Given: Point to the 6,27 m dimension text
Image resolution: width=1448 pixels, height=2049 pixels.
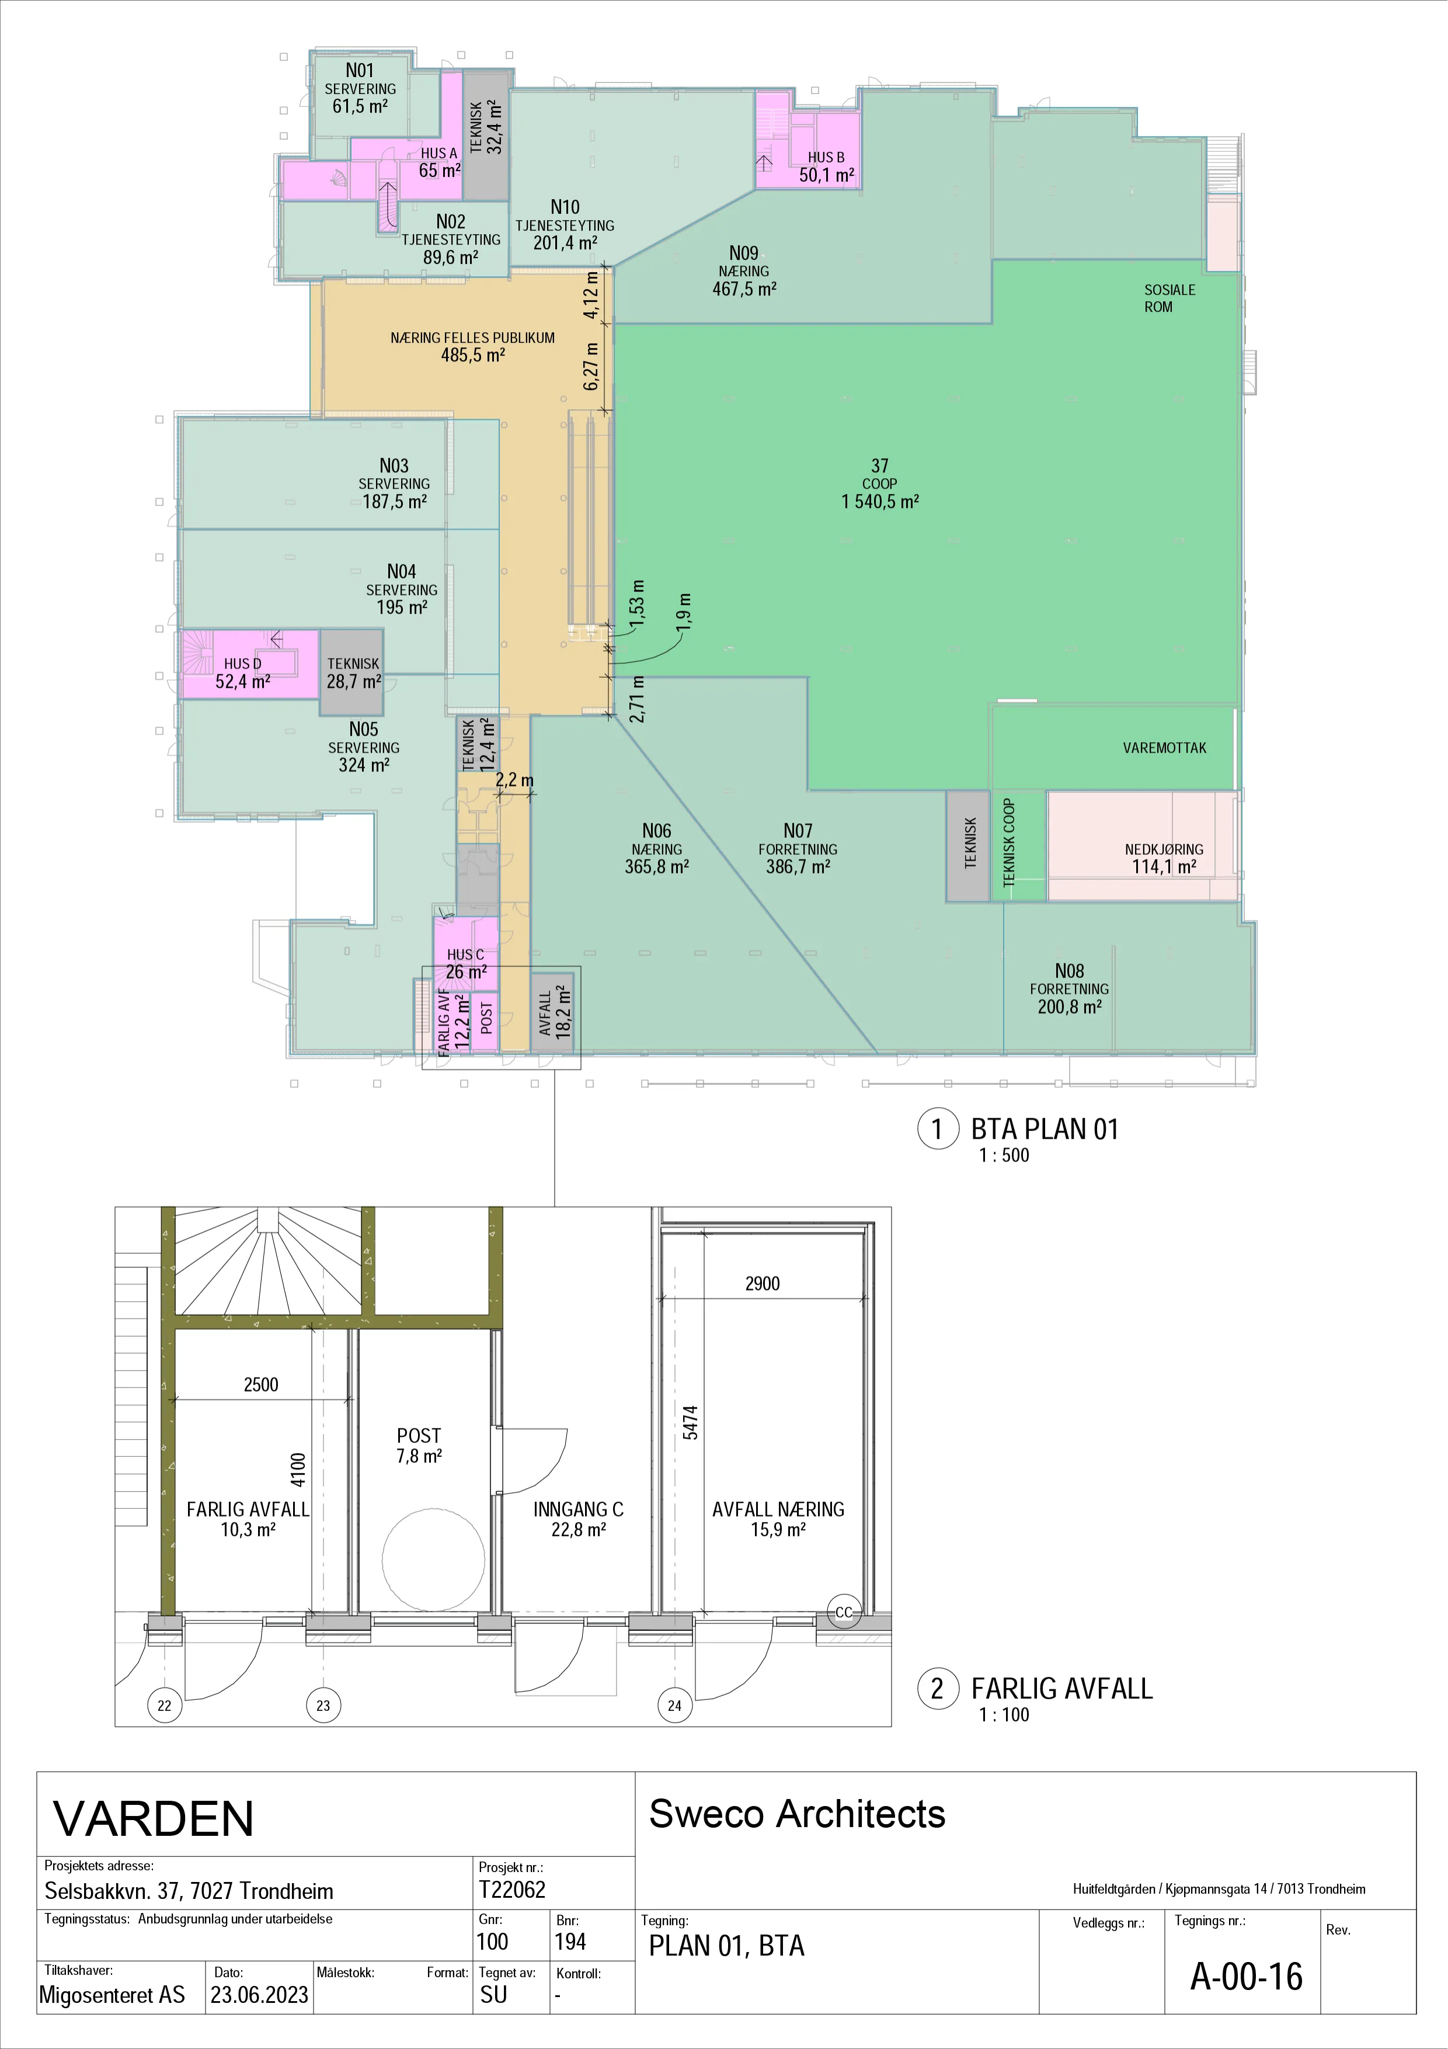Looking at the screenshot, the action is click(591, 366).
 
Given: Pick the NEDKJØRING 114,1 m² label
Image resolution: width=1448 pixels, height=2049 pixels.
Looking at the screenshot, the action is click(1164, 858).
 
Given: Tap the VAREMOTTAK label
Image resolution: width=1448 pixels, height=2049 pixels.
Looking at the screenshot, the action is click(1164, 748).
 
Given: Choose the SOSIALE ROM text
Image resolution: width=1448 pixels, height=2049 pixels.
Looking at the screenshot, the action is click(1169, 298).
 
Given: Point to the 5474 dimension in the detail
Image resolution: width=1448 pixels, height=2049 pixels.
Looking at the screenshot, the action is click(691, 1422).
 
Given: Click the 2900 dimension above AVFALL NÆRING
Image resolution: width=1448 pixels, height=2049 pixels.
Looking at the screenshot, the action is click(762, 1283).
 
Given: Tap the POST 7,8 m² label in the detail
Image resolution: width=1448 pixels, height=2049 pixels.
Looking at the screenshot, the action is click(419, 1445).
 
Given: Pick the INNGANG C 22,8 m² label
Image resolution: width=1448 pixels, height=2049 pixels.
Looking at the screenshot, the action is click(578, 1519).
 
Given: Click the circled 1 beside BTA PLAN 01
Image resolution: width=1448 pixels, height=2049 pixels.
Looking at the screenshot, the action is click(938, 1129).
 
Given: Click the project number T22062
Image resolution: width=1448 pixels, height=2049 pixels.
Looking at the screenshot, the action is click(511, 1889).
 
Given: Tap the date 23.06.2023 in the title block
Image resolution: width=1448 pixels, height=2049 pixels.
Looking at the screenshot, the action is click(260, 1995).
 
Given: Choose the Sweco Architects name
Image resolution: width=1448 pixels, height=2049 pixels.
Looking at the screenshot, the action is click(797, 1814).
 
